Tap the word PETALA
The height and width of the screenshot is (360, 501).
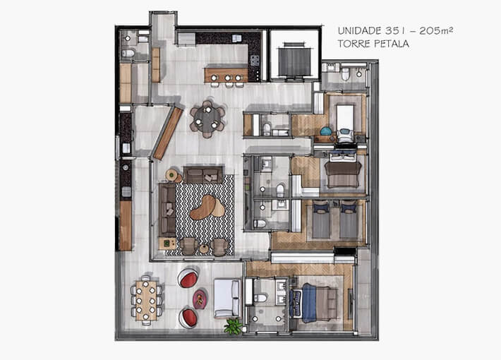392,43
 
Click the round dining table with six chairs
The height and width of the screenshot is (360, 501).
207,117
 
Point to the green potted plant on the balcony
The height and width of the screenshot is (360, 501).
232,325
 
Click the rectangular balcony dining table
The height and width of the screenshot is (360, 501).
146,299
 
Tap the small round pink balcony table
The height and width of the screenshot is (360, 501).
200,299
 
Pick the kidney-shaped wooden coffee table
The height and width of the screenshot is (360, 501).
207,205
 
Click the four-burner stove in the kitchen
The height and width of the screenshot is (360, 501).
255,60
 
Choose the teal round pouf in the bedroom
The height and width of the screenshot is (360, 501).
325,131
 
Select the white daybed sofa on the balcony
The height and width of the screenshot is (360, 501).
227,298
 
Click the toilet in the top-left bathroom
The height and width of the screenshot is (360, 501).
128,53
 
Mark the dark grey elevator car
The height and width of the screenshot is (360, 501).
293,60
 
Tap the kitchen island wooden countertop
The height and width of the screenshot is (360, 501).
226,73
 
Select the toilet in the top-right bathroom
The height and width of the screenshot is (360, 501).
346,74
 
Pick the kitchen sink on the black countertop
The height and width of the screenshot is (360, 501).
236,38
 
